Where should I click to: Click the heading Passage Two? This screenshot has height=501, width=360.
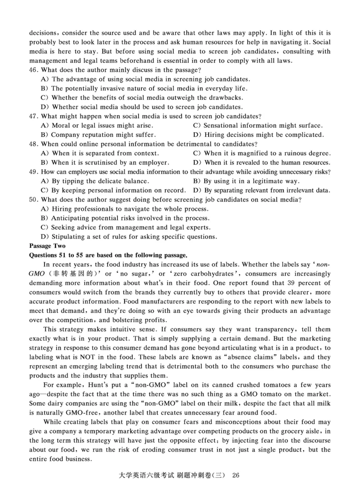[47, 246]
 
